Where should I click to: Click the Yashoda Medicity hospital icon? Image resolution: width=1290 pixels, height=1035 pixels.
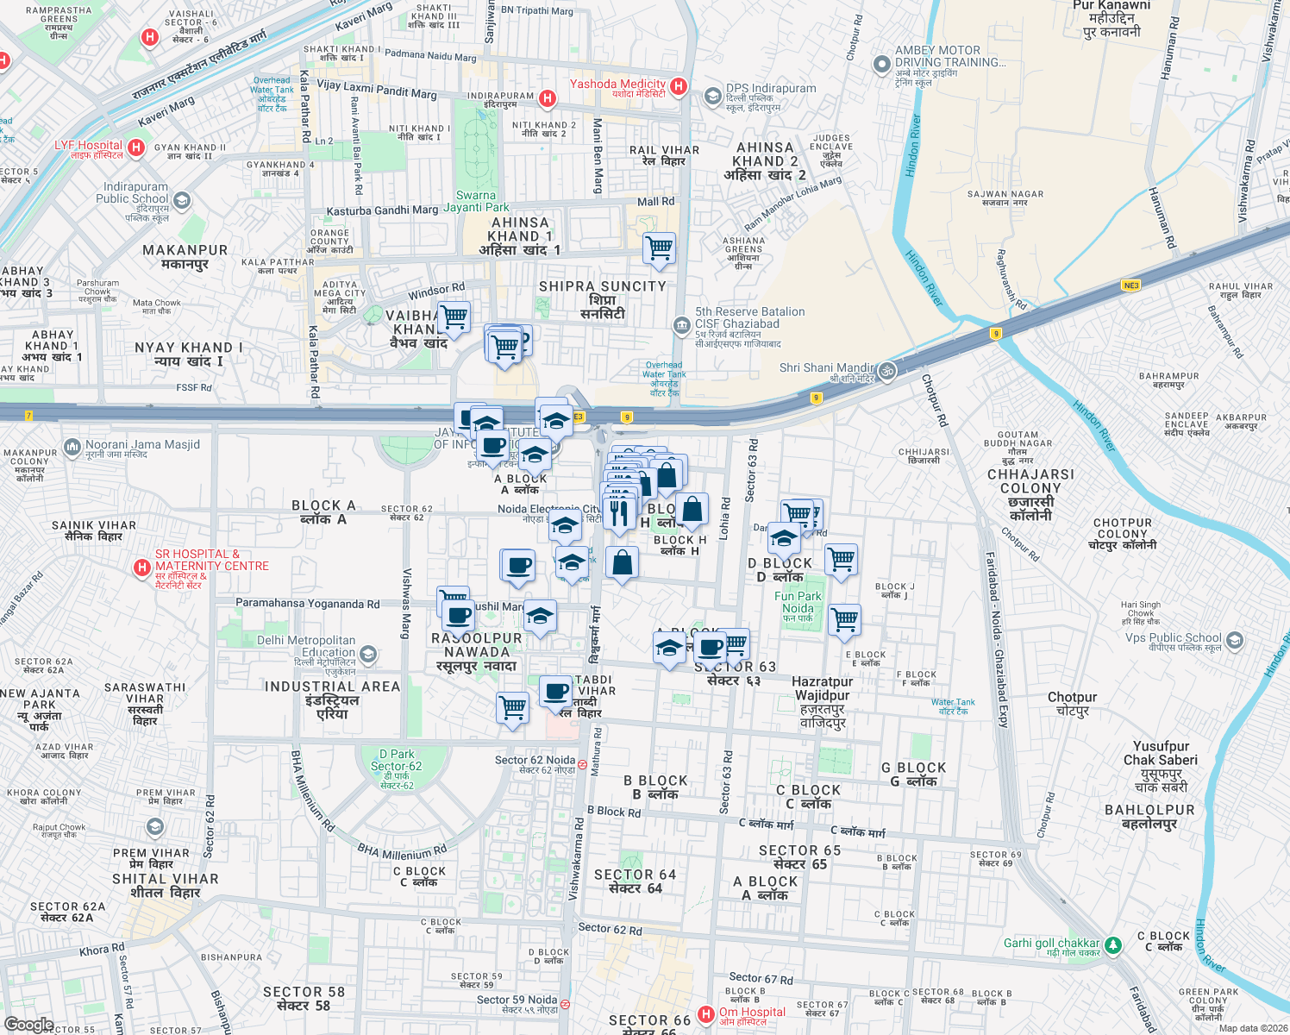click(x=679, y=86)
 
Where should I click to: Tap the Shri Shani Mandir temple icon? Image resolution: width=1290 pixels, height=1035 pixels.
click(x=887, y=371)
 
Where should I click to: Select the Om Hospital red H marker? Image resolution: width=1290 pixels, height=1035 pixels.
click(x=706, y=1014)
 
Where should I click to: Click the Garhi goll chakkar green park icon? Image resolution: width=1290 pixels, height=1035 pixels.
click(x=1113, y=946)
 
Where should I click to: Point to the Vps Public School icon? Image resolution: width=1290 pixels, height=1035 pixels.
click(x=1235, y=641)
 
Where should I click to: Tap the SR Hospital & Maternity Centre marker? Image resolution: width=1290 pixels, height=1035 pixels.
click(x=142, y=568)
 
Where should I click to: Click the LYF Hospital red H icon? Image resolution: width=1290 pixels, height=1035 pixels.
click(x=135, y=147)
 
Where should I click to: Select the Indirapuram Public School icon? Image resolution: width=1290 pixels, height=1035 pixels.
click(x=182, y=201)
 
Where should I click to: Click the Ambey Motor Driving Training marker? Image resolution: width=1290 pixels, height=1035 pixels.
click(x=881, y=64)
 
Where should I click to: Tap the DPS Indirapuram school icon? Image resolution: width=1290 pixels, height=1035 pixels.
click(x=712, y=96)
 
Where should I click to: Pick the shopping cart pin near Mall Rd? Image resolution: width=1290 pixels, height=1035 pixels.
click(x=660, y=248)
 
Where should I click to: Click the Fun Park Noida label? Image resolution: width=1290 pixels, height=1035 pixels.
click(x=798, y=602)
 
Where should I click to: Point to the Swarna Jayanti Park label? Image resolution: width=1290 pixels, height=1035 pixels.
click(x=476, y=201)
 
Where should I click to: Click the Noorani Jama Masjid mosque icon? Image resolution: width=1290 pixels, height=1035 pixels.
click(x=72, y=448)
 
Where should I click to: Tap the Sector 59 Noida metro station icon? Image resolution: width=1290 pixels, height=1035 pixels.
click(x=565, y=1004)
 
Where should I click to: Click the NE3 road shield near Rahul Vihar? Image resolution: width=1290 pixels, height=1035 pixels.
click(x=1130, y=285)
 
